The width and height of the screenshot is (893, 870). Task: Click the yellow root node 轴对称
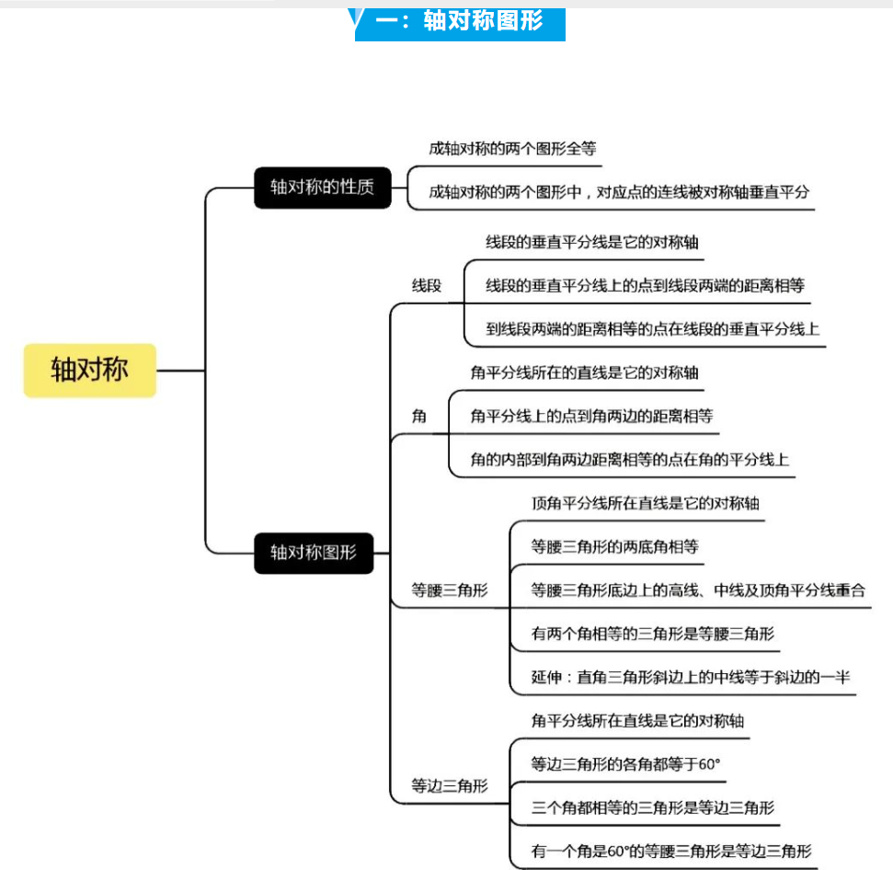tap(90, 370)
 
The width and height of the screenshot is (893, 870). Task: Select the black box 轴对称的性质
tap(323, 188)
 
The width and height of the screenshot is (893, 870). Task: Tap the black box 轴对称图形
tap(314, 553)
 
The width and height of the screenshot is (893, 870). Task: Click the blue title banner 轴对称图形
tap(460, 23)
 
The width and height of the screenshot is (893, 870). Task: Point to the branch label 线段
tap(427, 285)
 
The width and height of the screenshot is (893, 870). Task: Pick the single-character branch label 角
tap(419, 417)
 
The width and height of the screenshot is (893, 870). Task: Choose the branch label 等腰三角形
tap(450, 590)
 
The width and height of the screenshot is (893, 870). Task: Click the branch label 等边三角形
tap(450, 786)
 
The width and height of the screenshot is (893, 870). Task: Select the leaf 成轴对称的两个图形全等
tap(512, 149)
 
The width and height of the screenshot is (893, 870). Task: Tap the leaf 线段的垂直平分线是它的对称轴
tap(591, 242)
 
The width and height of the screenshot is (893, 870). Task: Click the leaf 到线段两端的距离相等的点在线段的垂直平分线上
tap(653, 329)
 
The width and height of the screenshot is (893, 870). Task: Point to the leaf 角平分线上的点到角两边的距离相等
tap(591, 417)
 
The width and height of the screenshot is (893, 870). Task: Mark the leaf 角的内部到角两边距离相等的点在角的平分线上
tap(630, 460)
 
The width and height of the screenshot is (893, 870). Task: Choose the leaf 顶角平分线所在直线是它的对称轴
tap(646, 503)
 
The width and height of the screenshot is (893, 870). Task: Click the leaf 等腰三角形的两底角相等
tap(614, 546)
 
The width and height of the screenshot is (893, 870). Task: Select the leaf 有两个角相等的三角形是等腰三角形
tap(653, 634)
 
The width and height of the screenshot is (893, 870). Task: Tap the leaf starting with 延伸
tap(691, 677)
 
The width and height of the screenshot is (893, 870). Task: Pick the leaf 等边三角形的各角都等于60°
tap(625, 764)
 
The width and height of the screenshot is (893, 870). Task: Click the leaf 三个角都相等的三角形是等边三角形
tap(653, 807)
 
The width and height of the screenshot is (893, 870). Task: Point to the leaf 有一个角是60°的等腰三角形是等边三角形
tap(671, 852)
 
